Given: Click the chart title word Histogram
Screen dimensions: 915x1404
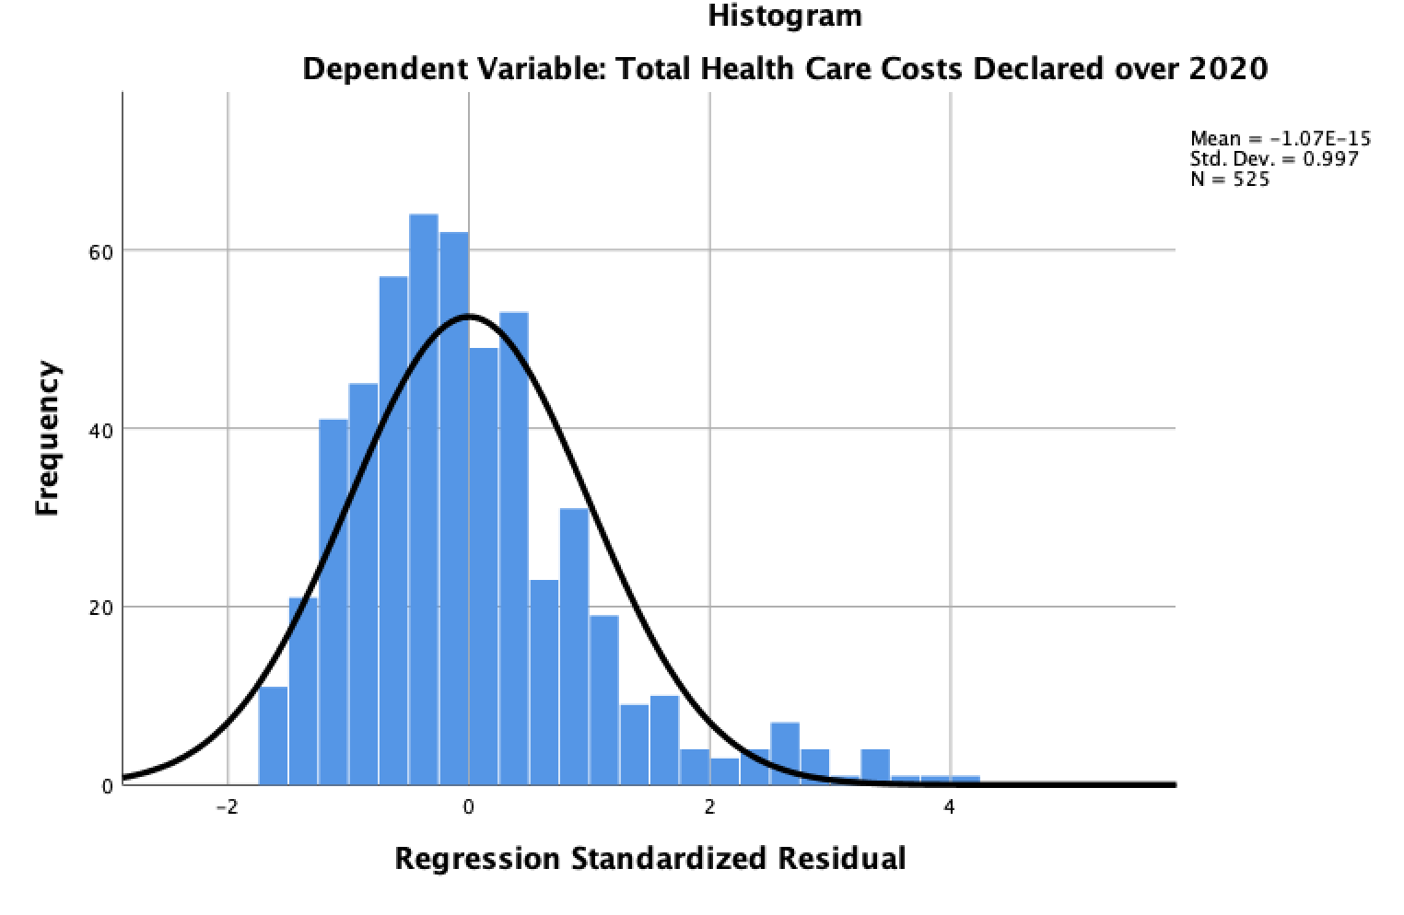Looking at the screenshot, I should pyautogui.click(x=785, y=16).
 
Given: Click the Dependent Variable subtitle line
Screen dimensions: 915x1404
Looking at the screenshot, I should pyautogui.click(x=785, y=69).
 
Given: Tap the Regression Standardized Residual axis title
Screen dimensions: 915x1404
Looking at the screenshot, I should pyautogui.click(x=649, y=858).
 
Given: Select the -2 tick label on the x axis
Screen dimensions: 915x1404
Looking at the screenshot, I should pyautogui.click(x=227, y=808).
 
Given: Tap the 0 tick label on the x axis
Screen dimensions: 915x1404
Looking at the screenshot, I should pyautogui.click(x=469, y=808).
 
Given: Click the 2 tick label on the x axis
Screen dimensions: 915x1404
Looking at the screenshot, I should pyautogui.click(x=709, y=808).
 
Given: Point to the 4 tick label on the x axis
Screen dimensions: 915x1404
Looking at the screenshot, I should pyautogui.click(x=950, y=808).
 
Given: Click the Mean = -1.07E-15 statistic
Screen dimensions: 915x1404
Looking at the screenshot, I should pyautogui.click(x=1280, y=139).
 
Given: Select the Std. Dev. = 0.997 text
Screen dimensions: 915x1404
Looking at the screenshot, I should pyautogui.click(x=1273, y=159).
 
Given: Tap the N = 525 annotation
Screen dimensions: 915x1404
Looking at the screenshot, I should pyautogui.click(x=1229, y=180).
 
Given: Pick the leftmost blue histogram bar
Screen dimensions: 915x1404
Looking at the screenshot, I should pyautogui.click(x=274, y=736).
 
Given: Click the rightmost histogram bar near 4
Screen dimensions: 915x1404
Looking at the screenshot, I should pyautogui.click(x=965, y=782).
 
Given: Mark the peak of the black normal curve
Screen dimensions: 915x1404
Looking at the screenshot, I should pyautogui.click(x=469, y=317).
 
